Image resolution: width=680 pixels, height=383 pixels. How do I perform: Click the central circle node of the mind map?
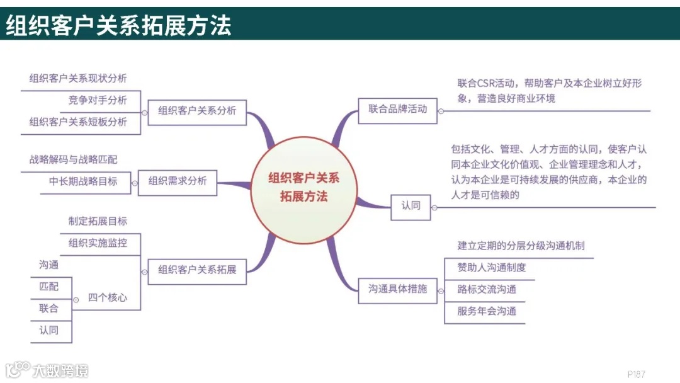coord(304,187)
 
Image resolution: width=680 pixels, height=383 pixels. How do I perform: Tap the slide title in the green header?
coord(119,25)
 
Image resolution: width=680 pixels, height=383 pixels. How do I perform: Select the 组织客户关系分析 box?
coord(197,111)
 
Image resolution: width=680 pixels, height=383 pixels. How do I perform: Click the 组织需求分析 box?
coord(178,181)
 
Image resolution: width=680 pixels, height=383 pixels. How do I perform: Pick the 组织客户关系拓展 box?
coord(197,270)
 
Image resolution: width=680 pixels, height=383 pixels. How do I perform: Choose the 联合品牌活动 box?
coord(397,109)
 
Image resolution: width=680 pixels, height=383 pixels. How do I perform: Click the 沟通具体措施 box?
coord(397,289)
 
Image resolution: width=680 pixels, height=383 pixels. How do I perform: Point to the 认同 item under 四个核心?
coord(48,330)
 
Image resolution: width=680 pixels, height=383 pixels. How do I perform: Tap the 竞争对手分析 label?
coord(98,100)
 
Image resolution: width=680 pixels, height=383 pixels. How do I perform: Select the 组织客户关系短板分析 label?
coord(78,122)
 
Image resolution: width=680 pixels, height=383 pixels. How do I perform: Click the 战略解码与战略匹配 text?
coord(73,159)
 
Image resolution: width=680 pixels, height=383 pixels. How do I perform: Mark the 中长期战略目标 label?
coord(83,181)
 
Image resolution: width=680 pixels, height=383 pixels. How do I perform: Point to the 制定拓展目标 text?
coord(98,222)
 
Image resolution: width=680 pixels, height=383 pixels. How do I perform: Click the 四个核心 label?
coord(107,297)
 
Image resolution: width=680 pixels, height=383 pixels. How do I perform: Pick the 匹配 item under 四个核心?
coord(48,287)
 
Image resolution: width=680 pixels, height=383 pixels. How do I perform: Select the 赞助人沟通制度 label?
coord(492,268)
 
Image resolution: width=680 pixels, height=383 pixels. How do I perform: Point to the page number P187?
coord(637,374)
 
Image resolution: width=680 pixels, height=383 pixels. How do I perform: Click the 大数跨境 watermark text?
coord(60,370)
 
